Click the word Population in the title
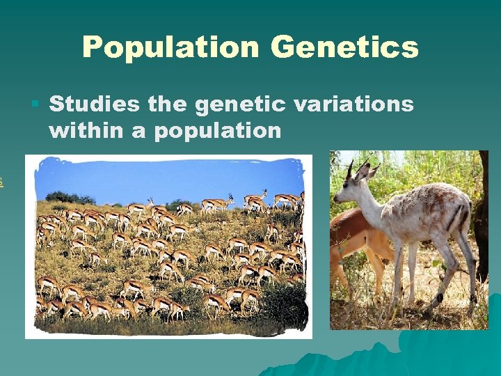pyautogui.click(x=171, y=47)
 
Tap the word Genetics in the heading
pyautogui.click(x=345, y=47)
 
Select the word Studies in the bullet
pyautogui.click(x=94, y=104)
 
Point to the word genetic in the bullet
pyautogui.click(x=241, y=104)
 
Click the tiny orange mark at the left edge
pyautogui.click(x=1, y=182)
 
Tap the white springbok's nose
pyautogui.click(x=336, y=198)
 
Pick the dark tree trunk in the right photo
pyautogui.click(x=482, y=209)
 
